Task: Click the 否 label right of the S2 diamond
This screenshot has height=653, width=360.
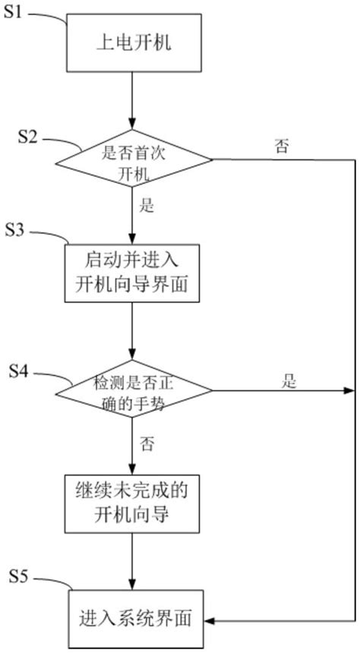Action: point(282,147)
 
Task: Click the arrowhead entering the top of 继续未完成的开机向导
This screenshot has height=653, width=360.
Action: point(133,470)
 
